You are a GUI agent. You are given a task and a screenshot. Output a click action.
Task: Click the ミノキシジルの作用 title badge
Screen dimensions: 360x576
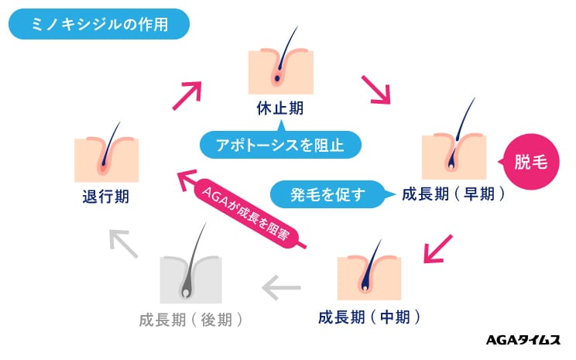click(x=98, y=24)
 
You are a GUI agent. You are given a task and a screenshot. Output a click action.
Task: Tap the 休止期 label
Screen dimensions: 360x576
click(x=279, y=108)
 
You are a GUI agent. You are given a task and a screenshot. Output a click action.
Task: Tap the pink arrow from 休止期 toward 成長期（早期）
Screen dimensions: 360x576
click(x=375, y=89)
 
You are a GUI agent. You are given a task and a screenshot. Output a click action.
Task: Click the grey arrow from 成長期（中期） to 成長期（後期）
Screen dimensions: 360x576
click(x=281, y=289)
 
